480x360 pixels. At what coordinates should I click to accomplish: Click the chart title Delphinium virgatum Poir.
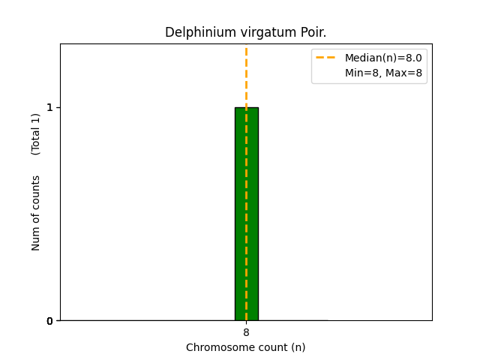pos(245,33)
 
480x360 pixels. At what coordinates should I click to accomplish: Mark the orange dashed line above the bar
pos(246,75)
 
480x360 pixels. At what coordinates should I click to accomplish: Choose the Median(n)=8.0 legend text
pos(383,58)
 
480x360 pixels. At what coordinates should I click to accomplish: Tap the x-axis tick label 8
pos(246,332)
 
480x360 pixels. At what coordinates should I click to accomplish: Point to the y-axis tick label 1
pos(49,107)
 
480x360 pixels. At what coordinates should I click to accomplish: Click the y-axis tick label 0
pos(49,321)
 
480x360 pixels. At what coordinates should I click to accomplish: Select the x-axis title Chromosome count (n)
pos(245,347)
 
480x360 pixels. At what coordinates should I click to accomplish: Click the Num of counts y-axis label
pos(36,213)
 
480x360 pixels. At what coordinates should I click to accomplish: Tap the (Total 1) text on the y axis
pos(36,133)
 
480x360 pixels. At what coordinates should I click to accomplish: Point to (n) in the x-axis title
pos(298,347)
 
